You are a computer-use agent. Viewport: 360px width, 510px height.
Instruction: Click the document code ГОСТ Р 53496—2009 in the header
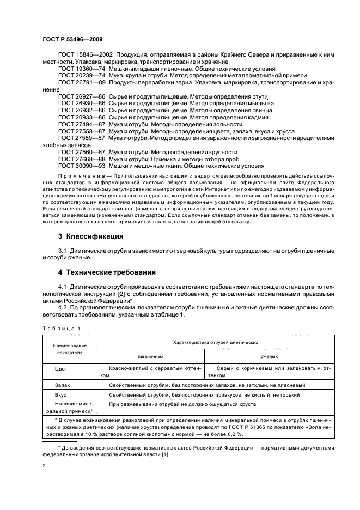point(72,39)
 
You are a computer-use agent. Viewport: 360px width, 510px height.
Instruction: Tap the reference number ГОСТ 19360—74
point(80,69)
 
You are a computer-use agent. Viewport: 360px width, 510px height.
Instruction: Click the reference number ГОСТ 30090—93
point(80,166)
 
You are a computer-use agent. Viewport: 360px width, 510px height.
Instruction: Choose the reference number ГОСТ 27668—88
point(80,159)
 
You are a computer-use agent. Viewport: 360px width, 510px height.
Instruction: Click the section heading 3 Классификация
point(90,236)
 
